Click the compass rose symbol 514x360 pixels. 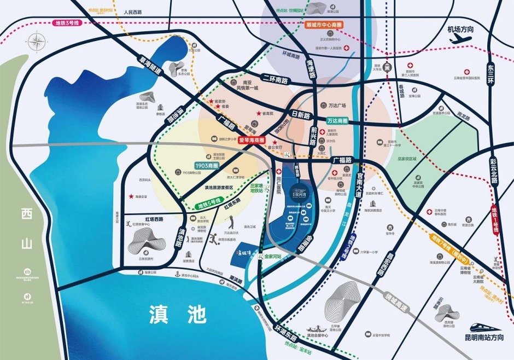click(37, 42)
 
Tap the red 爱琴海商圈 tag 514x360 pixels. click(252, 140)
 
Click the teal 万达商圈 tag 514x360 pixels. click(338, 120)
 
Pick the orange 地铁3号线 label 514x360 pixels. click(68, 23)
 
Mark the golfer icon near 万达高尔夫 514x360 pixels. click(232, 222)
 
